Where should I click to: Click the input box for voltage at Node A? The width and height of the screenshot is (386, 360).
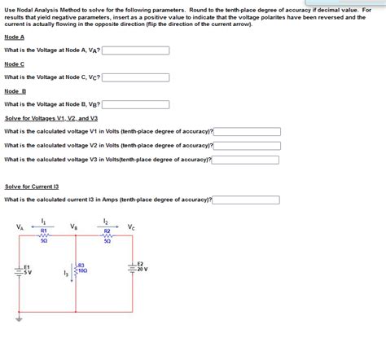(x=136, y=50)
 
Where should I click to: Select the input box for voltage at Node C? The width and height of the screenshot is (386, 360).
(x=136, y=77)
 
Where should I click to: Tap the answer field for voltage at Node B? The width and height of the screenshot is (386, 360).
(x=136, y=104)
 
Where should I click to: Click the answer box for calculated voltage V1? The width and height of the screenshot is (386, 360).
(x=247, y=131)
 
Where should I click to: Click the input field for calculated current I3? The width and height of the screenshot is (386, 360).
(x=247, y=200)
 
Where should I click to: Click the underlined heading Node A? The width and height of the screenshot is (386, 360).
(x=14, y=37)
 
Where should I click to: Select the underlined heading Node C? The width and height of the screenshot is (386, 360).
(x=14, y=64)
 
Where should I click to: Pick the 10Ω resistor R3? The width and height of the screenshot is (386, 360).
(x=76, y=269)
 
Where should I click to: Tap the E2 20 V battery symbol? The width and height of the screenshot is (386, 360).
(x=132, y=267)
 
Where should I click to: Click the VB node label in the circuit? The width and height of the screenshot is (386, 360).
(x=74, y=227)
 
